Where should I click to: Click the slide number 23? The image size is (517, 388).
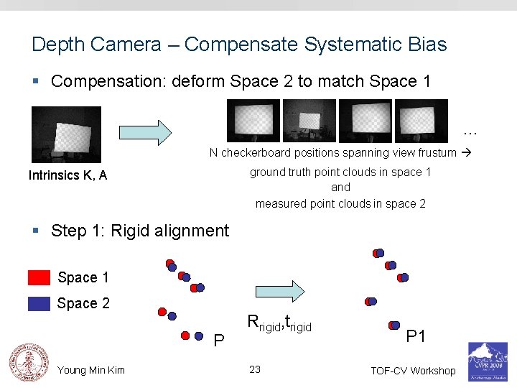(255, 369)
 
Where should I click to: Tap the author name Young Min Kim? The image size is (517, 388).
(91, 370)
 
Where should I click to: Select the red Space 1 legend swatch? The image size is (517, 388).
(39, 277)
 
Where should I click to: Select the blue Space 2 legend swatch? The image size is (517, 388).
(39, 303)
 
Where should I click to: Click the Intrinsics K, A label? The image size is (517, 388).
(67, 175)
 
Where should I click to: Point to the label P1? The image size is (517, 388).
(416, 336)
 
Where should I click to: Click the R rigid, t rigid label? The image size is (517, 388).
(279, 323)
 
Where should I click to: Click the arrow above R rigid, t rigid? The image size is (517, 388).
(280, 291)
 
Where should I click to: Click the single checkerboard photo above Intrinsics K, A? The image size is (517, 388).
(66, 134)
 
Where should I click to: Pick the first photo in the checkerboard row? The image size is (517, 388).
(253, 121)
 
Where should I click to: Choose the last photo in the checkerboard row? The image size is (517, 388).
(421, 121)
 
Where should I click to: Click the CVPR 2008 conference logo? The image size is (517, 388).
(488, 361)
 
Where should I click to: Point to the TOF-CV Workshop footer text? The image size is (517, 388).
(413, 371)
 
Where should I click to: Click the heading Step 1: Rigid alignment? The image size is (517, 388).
(140, 231)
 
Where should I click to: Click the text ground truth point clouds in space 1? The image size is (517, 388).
(340, 172)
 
